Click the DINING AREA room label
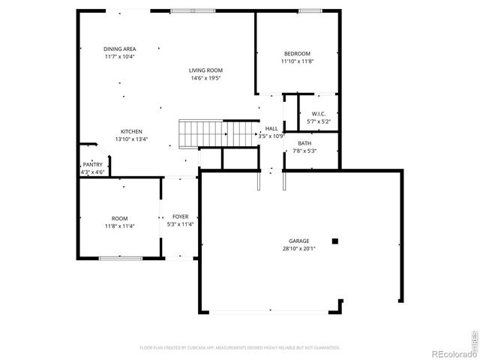(119, 49)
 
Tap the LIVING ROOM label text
(206, 70)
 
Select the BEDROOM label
(297, 53)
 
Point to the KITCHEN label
(132, 131)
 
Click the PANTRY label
(93, 164)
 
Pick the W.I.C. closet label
(319, 113)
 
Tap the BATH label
(304, 143)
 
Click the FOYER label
(180, 216)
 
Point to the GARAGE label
(299, 241)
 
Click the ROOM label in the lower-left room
(121, 217)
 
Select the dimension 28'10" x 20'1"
(299, 248)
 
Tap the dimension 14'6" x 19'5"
(206, 78)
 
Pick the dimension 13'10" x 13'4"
(132, 139)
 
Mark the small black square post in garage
(335, 241)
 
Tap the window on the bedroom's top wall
(309, 10)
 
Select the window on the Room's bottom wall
(120, 259)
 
